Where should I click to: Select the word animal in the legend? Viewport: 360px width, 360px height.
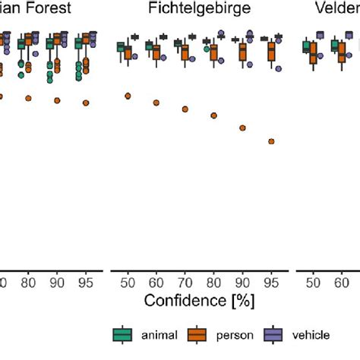click(x=157, y=334)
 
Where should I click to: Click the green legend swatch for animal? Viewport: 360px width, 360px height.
click(x=123, y=334)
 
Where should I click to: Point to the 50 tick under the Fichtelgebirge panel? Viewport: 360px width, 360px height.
click(x=127, y=283)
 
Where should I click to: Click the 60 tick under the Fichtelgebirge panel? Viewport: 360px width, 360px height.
click(x=156, y=283)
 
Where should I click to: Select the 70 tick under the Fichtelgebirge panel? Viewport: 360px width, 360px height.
click(x=185, y=283)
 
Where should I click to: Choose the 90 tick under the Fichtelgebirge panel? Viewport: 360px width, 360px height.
click(x=242, y=283)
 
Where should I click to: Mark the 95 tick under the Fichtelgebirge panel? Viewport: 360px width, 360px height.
click(x=271, y=283)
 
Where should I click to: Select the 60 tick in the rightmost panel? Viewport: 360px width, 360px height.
click(x=341, y=283)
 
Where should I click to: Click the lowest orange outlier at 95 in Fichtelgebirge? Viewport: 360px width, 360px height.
click(x=271, y=141)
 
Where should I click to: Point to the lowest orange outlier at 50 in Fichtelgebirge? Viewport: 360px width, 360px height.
click(x=127, y=96)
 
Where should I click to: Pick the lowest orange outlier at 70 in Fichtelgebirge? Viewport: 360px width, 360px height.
click(x=185, y=109)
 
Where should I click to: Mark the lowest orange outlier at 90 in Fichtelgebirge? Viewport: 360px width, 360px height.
click(x=242, y=128)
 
